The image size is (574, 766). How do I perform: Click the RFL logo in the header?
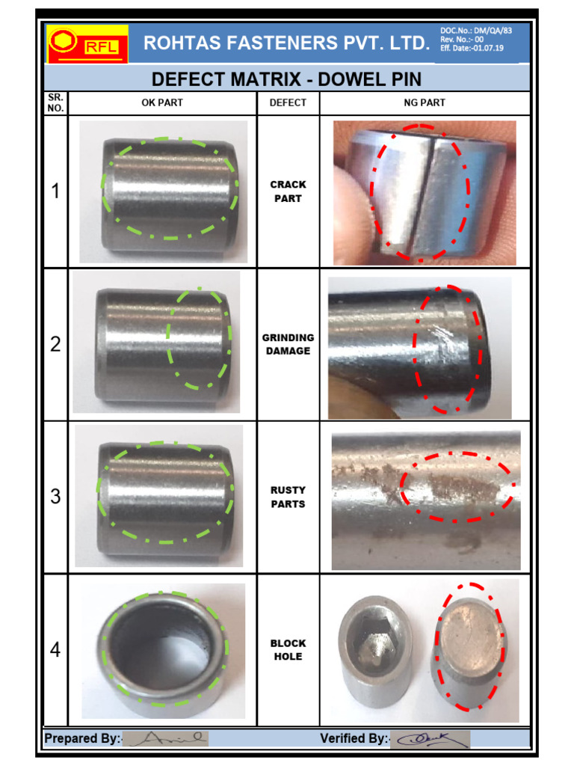(x=87, y=44)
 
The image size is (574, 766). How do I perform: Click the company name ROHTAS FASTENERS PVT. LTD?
(x=286, y=43)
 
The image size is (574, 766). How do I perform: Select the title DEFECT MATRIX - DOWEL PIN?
(x=286, y=79)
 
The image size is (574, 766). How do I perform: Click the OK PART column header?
(x=162, y=103)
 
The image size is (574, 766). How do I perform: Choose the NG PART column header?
(x=424, y=103)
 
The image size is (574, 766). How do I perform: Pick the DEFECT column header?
(x=288, y=103)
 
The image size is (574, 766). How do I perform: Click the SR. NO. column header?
(x=56, y=103)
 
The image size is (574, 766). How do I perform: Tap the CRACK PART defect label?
(x=288, y=191)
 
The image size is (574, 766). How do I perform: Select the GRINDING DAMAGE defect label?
(x=288, y=344)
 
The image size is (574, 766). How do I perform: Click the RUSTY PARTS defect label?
(x=288, y=497)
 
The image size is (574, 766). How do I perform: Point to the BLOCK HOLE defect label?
(x=288, y=649)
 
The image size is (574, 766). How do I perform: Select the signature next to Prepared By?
(x=164, y=738)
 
